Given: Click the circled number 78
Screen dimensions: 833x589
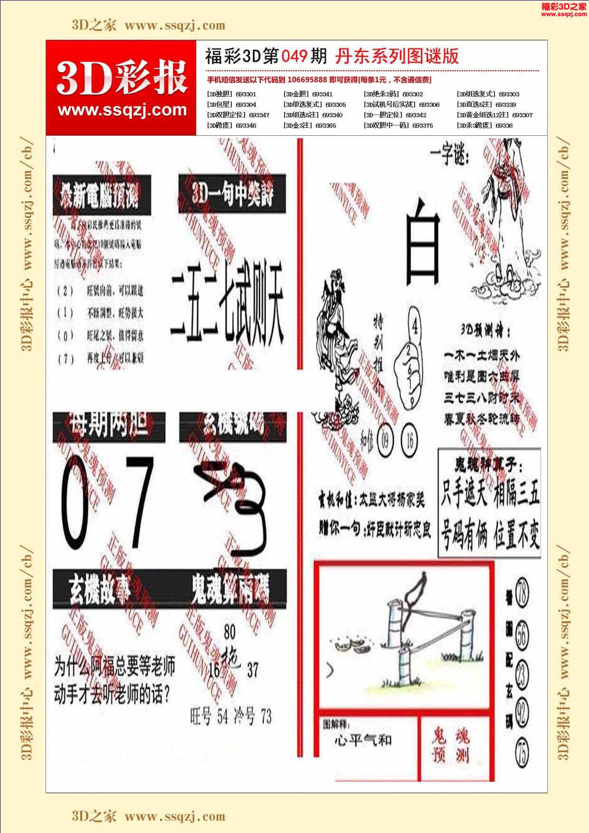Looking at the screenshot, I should (x=522, y=591).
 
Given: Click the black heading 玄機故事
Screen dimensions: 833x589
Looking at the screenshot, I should (x=99, y=590).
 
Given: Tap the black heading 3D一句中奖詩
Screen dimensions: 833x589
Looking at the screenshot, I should (x=232, y=193).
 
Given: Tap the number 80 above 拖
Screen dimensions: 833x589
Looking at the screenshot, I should (x=229, y=632).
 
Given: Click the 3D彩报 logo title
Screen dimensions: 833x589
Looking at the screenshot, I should (x=122, y=78).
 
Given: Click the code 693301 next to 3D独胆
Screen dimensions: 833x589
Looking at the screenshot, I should (x=246, y=94).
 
